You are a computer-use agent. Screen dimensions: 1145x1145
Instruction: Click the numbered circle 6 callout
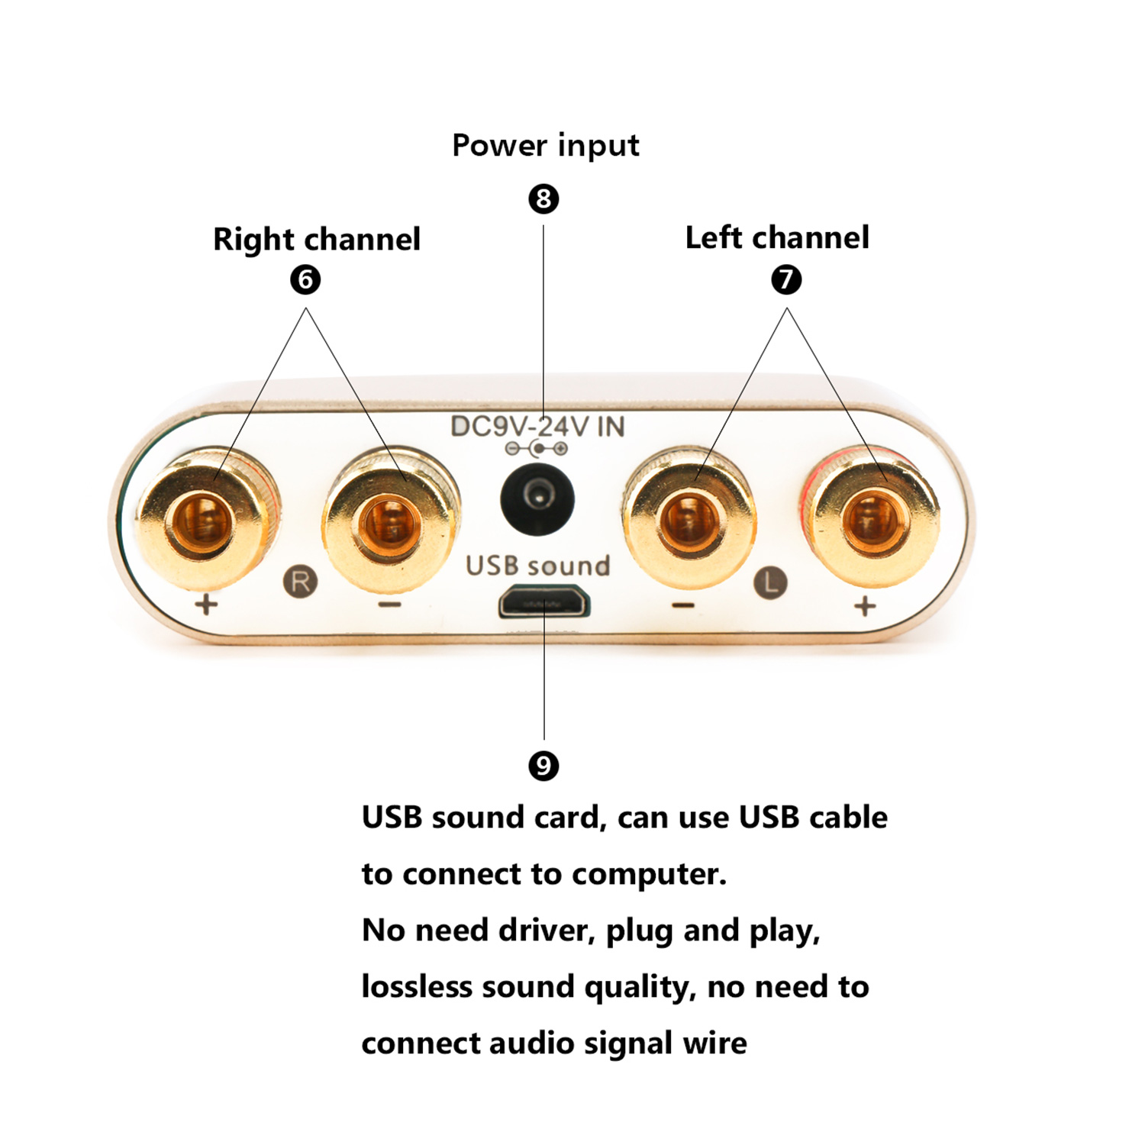305,279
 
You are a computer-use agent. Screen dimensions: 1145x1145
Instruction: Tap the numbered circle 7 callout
786,279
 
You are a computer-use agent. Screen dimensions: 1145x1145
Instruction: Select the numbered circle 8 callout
543,199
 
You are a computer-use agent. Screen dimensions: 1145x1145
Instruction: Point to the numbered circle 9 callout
543,766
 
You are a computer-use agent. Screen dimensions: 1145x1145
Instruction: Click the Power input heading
546,145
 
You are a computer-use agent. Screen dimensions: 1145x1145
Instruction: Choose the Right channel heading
317,239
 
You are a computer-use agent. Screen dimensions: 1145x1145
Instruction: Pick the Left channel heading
777,237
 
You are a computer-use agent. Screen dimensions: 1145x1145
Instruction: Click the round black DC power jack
537,498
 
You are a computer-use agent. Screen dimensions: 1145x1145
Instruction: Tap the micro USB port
543,603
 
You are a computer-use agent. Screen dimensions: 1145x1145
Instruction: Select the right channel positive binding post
208,519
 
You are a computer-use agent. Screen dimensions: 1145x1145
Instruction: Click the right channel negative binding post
391,521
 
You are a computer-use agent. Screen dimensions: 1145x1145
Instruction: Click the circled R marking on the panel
301,582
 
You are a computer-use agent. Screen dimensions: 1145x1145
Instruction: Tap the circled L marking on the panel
770,583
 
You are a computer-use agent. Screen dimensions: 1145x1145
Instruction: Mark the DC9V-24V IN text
537,427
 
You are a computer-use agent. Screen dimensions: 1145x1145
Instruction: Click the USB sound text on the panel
538,566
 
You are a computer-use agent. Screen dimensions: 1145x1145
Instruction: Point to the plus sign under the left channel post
865,607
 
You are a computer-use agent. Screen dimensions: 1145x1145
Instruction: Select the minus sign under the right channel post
389,605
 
